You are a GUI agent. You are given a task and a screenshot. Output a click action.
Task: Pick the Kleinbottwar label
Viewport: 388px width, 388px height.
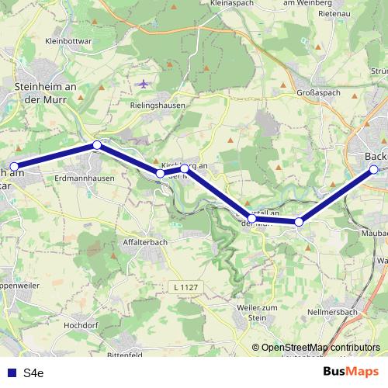(x=69, y=40)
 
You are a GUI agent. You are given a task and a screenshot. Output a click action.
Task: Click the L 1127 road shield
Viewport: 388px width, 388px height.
(x=182, y=288)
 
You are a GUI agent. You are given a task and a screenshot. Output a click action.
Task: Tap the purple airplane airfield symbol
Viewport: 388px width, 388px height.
(x=144, y=83)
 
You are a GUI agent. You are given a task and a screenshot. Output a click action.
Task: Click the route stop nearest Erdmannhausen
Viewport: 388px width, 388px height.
(x=97, y=145)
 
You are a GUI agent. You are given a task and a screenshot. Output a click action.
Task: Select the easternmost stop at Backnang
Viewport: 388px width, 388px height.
(x=373, y=169)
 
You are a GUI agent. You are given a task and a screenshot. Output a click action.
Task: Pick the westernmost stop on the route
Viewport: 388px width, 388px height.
(x=14, y=166)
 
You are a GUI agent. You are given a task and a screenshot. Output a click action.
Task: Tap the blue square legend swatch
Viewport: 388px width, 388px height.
(x=11, y=373)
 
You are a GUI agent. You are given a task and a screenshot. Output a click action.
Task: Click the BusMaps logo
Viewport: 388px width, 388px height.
(x=345, y=372)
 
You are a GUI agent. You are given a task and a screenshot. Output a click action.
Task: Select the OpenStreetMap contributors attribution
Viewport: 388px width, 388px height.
(x=320, y=348)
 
